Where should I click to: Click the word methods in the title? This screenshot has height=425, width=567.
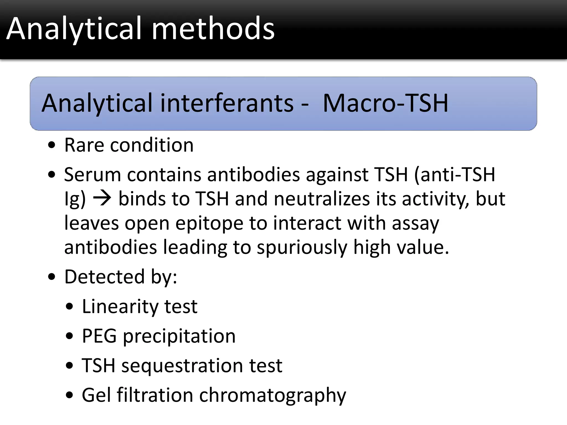213,28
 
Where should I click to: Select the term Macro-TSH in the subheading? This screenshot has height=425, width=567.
385,103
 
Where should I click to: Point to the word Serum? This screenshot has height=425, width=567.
92,175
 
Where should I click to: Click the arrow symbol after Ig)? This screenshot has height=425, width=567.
102,198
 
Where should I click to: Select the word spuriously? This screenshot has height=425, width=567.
302,247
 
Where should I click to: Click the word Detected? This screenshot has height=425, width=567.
104,276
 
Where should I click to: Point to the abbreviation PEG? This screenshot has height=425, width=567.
99,336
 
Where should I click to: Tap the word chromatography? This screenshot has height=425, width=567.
272,395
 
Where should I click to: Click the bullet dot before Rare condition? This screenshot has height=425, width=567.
52,145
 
